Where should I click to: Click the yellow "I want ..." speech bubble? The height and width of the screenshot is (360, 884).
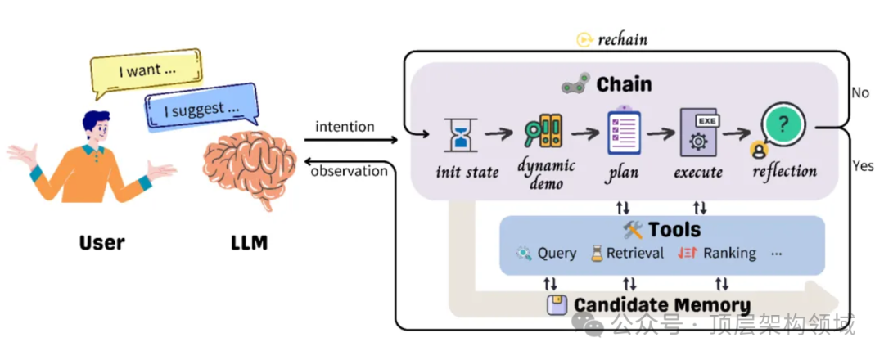(x=145, y=71)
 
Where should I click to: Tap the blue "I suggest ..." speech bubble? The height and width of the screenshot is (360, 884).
(x=200, y=110)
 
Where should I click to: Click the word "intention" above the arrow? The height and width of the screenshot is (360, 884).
(x=345, y=127)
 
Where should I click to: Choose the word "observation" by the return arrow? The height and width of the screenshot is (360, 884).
(x=349, y=171)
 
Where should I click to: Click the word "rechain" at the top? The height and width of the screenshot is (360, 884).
(x=622, y=39)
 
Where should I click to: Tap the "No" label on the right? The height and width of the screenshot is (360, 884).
(x=860, y=92)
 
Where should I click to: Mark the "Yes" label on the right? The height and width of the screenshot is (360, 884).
(x=862, y=166)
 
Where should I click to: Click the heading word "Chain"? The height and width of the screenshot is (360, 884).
(x=624, y=83)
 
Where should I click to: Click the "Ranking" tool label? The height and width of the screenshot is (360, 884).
(x=729, y=254)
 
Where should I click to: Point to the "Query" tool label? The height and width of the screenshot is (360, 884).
(x=557, y=254)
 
